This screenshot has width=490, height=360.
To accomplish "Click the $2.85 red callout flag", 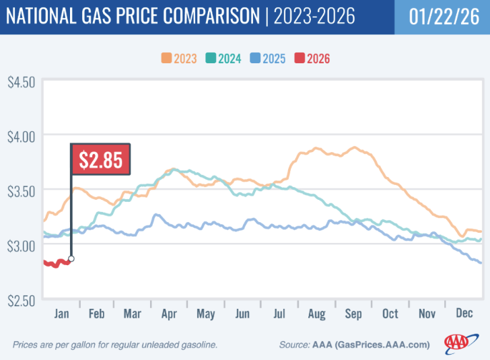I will [101, 159].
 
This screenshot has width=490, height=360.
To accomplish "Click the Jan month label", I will [60, 314].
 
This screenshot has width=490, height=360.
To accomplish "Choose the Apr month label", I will [169, 314].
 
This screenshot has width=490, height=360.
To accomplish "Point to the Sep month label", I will [353, 314].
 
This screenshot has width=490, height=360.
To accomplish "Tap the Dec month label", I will [463, 314].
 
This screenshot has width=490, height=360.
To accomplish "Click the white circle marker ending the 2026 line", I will [71, 258].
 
